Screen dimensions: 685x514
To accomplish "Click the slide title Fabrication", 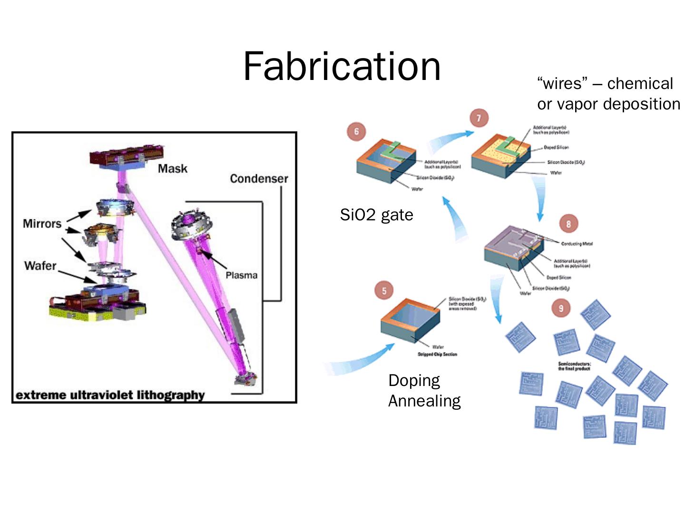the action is [342, 67].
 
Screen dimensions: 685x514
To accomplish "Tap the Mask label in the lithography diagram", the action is [172, 168].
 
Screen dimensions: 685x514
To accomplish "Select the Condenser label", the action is [259, 178].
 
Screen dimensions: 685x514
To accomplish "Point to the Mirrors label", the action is [42, 224].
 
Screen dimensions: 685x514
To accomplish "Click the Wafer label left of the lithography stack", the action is [40, 266].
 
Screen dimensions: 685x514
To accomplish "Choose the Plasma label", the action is [241, 275].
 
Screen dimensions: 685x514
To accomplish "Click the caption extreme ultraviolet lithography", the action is [110, 395].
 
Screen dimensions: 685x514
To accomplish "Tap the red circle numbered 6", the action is [356, 131].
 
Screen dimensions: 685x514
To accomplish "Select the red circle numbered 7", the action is [479, 118].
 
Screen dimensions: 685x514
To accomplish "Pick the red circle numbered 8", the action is [568, 224].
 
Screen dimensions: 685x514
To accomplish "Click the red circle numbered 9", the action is [561, 308].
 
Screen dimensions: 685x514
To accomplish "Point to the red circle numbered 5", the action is [384, 291].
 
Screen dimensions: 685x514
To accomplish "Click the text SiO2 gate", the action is [376, 215].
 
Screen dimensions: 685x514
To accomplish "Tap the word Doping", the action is [414, 380].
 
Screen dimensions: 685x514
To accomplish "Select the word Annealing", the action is [424, 401].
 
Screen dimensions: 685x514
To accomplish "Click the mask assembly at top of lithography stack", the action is [127, 158].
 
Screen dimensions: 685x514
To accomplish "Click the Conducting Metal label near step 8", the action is [577, 244].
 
